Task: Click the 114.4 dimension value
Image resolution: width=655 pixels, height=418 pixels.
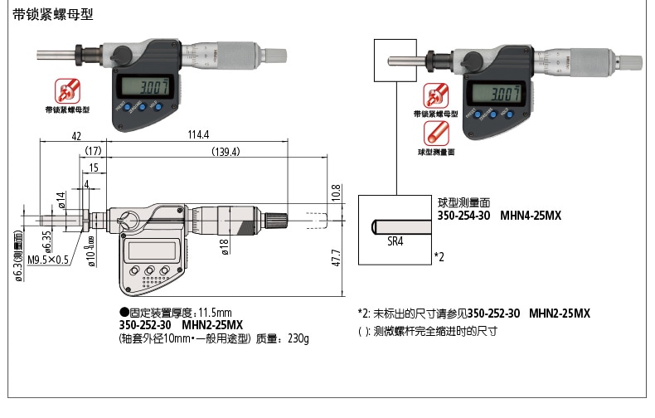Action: [199, 134]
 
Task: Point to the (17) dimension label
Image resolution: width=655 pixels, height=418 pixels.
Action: [92, 151]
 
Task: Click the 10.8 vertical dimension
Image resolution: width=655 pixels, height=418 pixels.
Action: [337, 193]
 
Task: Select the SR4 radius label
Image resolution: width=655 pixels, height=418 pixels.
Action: [395, 241]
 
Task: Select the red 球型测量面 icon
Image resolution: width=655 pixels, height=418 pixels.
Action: [437, 134]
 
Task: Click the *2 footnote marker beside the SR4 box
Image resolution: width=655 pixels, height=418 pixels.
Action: [439, 257]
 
